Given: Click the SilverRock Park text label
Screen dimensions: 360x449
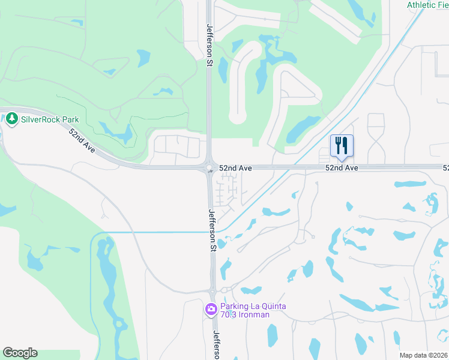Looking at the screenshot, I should [50, 119].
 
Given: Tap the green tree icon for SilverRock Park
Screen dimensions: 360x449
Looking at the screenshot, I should [12, 119].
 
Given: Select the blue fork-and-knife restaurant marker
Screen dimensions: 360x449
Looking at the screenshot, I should [342, 145].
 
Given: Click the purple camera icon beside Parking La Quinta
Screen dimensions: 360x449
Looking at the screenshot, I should [211, 310].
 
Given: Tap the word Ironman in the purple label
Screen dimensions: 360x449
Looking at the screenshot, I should [253, 315].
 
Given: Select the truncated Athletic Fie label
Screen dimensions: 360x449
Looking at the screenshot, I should [427, 5].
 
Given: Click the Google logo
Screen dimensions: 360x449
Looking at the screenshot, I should [20, 353].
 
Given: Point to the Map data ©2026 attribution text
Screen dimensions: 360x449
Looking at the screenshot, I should [423, 355].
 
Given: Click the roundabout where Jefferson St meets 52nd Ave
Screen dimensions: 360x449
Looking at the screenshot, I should [209, 169].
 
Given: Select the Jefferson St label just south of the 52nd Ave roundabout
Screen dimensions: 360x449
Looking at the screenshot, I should [212, 229].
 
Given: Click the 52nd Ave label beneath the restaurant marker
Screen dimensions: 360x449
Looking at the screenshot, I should [342, 169].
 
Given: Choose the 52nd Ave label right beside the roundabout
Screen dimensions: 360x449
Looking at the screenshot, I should [235, 169].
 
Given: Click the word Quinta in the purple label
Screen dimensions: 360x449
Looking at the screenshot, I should [272, 306].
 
